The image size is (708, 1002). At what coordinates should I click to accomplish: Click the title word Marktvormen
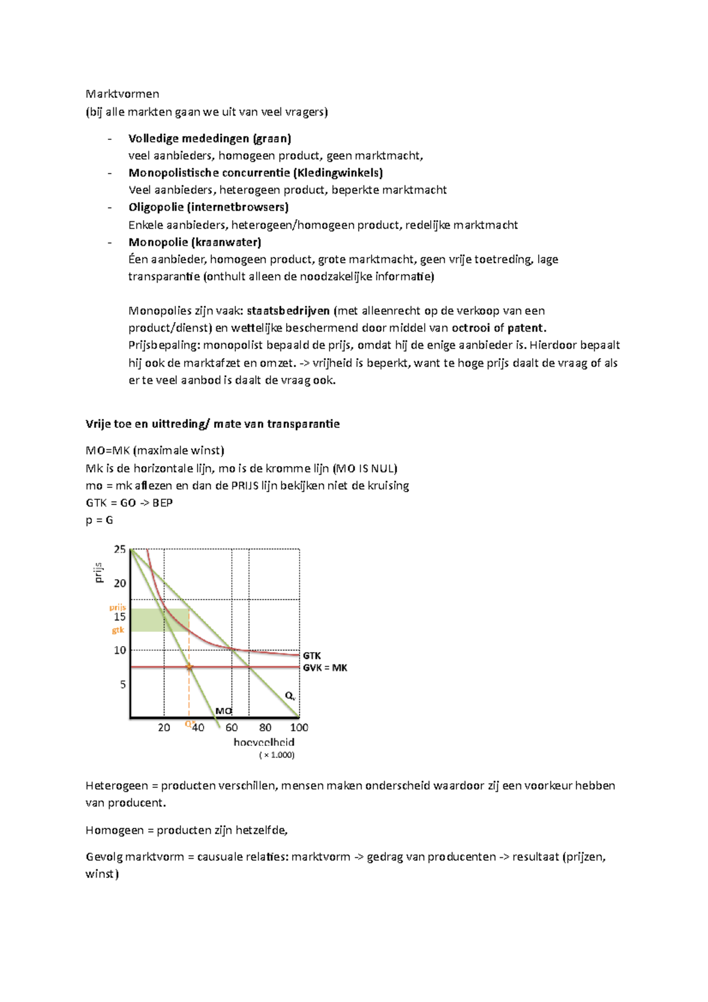click(122, 94)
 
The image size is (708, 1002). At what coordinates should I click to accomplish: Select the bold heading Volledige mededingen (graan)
click(209, 139)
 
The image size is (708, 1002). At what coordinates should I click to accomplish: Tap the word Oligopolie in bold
click(155, 207)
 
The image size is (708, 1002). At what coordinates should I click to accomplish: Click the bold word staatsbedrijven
click(288, 311)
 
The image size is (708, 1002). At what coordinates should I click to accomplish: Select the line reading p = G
click(99, 520)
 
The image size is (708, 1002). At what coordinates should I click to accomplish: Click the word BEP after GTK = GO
click(162, 503)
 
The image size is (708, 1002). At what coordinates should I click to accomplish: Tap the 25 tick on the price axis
click(120, 549)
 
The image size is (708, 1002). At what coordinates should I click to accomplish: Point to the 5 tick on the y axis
click(123, 685)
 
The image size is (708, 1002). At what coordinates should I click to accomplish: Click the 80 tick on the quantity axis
click(265, 728)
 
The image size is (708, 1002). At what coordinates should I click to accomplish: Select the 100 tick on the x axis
click(299, 728)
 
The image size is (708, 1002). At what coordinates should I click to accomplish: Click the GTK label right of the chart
click(312, 656)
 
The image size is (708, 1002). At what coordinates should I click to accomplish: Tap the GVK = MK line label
click(325, 668)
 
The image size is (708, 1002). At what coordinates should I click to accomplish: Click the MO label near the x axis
click(223, 711)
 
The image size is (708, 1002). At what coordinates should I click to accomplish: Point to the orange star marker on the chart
click(189, 667)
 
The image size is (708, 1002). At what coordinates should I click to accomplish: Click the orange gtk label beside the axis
click(118, 630)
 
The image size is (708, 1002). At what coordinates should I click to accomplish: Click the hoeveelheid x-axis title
click(264, 742)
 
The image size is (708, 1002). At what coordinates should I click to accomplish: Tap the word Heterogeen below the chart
click(117, 785)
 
